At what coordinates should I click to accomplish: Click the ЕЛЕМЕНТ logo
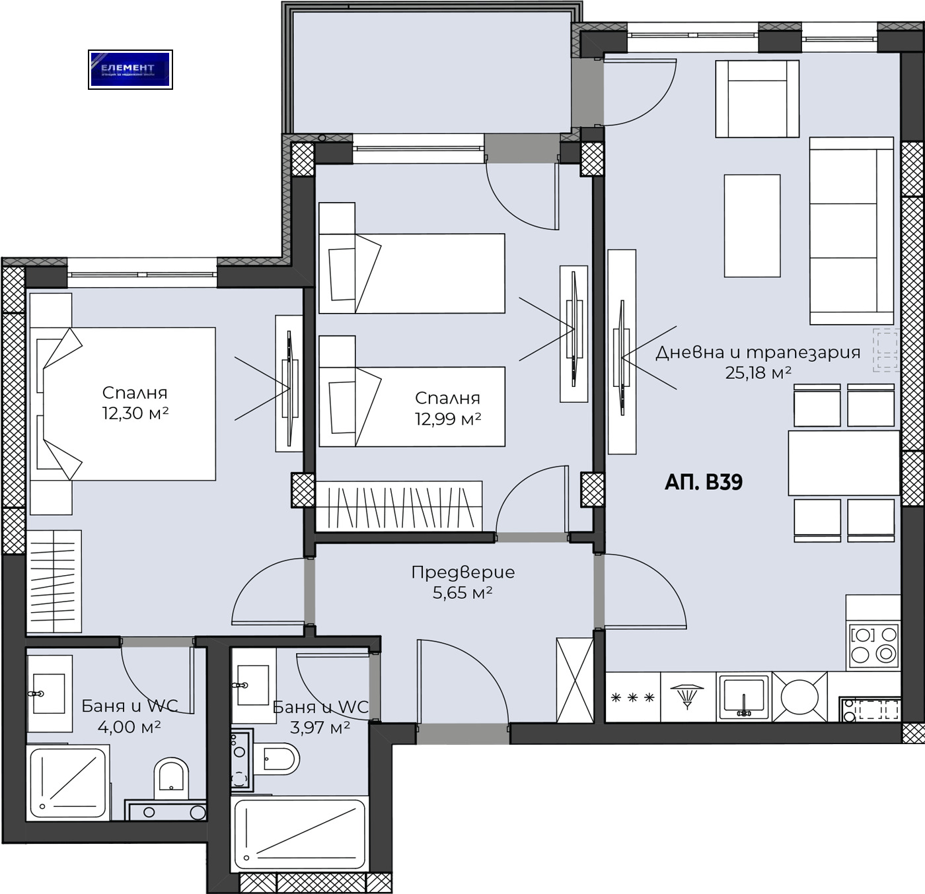coord(130,69)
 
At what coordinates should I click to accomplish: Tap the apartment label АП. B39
coord(703,482)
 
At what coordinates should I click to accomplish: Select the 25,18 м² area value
coord(758,373)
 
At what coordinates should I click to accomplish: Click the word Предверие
coord(462,572)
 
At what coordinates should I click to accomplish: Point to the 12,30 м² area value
coord(135,413)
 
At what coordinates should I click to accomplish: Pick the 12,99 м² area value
coord(447,419)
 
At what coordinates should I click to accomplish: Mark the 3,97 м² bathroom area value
coord(320,728)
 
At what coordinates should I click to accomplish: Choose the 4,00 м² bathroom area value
coord(129,727)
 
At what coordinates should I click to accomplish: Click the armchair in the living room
coord(757,99)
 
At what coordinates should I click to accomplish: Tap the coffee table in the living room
coord(752,226)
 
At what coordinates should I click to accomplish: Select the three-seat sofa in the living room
coord(852,231)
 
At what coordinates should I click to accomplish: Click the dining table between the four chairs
coord(844,463)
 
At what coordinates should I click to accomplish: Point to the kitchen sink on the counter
coord(744,697)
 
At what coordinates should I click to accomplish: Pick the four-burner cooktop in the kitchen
coord(873,644)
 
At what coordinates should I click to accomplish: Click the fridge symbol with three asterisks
coord(632,697)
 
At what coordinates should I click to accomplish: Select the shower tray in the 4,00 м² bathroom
coord(68,783)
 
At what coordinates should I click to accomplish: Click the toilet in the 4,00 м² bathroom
coord(171,777)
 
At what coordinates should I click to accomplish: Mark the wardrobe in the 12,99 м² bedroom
coord(398,506)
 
